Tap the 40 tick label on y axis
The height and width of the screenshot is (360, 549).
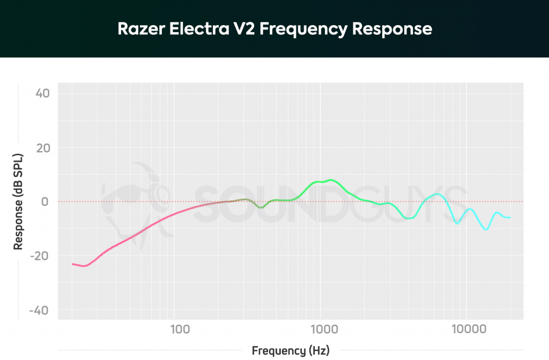(42, 94)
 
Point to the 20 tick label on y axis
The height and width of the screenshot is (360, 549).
(42, 148)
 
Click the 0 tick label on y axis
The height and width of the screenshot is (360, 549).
(46, 202)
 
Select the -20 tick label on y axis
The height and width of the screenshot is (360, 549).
(40, 256)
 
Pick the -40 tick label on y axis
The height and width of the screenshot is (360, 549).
(40, 311)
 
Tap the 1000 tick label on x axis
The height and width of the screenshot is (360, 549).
(321, 328)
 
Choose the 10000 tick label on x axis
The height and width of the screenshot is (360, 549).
(466, 328)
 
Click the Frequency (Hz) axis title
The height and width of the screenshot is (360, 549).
(290, 351)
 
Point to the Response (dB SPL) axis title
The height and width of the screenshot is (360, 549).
(18, 201)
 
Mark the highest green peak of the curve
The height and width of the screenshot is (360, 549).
(331, 180)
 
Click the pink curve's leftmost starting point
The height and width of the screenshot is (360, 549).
(73, 264)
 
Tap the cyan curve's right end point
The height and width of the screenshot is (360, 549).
(510, 217)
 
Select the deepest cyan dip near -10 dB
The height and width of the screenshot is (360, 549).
(486, 229)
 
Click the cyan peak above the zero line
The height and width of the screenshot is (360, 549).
(437, 194)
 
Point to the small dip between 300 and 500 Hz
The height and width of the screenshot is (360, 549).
(260, 207)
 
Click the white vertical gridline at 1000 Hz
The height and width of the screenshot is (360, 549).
(321, 134)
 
